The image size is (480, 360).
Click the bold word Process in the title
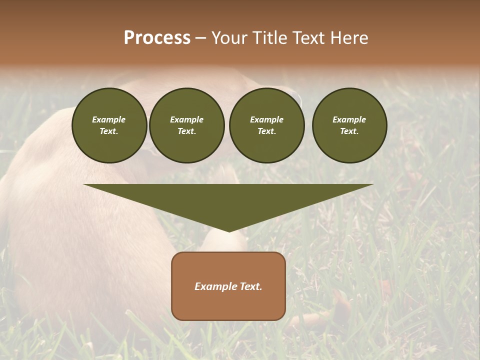click(157, 38)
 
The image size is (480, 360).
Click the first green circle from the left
click(109, 125)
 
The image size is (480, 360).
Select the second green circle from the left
click(186, 125)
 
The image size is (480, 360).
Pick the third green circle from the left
click(266, 125)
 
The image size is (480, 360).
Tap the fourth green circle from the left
click(349, 125)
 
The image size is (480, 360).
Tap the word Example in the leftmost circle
click(109, 119)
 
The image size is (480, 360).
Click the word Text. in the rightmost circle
click(349, 131)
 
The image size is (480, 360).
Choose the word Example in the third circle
click(266, 119)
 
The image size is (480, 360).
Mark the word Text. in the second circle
click(186, 131)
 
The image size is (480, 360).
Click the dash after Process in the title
click(200, 38)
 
